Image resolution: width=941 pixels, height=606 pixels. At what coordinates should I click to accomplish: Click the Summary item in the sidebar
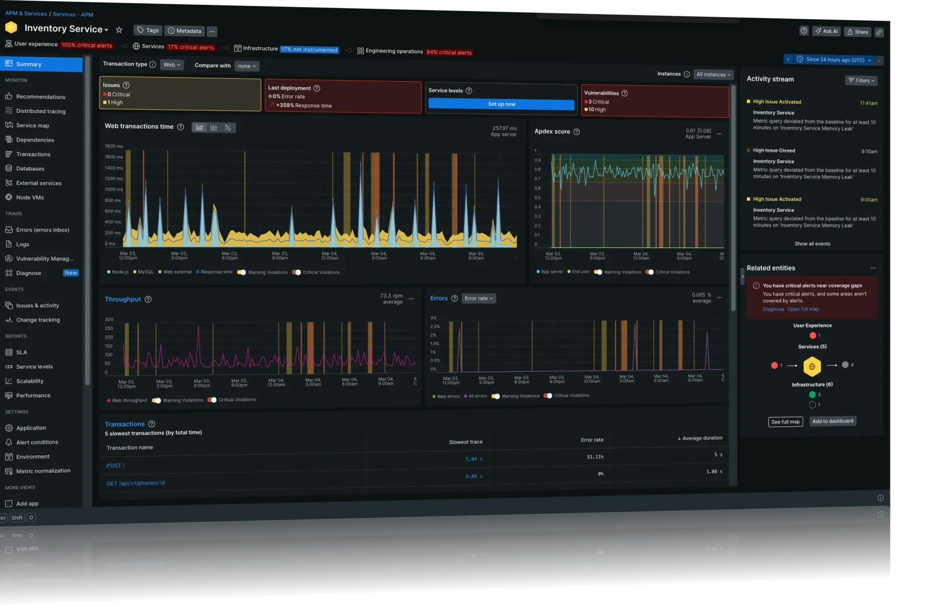[28, 64]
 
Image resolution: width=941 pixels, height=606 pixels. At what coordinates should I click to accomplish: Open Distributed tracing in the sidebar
[41, 111]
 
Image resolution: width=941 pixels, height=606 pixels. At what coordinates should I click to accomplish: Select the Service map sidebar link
[32, 126]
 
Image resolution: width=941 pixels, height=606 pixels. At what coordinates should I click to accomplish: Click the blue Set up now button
[501, 104]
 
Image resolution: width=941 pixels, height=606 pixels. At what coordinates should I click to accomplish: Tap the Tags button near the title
[148, 30]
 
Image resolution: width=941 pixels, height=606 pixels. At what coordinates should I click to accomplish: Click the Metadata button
[184, 31]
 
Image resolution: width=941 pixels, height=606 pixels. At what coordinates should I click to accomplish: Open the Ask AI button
[826, 31]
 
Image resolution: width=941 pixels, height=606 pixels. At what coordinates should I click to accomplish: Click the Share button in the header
[858, 32]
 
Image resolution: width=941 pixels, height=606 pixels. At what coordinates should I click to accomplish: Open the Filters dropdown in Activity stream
[861, 80]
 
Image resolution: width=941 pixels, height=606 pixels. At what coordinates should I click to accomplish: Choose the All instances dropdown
[713, 75]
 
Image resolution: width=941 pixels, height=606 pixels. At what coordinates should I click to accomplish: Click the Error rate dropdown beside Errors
[478, 298]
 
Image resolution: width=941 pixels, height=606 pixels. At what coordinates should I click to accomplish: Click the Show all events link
[812, 244]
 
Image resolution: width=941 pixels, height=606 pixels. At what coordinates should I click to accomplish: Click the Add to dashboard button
[832, 421]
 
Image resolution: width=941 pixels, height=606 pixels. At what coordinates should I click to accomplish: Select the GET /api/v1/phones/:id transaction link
[136, 483]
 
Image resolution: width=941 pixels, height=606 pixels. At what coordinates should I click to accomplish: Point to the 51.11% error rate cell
[595, 456]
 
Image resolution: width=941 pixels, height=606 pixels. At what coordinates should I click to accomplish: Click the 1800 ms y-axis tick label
[114, 146]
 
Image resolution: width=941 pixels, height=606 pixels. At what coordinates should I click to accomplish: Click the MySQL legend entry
[146, 272]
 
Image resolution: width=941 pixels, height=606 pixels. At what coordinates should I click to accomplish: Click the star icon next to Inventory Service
[119, 30]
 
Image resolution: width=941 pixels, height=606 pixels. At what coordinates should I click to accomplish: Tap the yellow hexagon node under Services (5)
[812, 366]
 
